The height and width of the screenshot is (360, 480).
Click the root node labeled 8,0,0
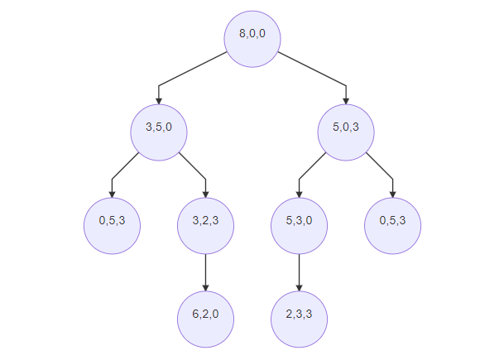click(x=252, y=39)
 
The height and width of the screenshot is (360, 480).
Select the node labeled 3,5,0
click(x=159, y=132)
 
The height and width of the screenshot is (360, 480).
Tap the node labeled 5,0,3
click(x=346, y=132)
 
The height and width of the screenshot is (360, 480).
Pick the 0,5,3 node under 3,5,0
click(x=112, y=226)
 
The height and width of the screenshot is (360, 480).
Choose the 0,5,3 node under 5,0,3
click(x=393, y=226)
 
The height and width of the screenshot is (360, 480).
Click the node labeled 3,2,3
click(x=206, y=226)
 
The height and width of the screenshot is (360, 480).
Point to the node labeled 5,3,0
click(x=299, y=226)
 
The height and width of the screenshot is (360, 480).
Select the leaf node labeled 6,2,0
click(x=206, y=319)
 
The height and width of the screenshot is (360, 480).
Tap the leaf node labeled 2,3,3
click(x=299, y=319)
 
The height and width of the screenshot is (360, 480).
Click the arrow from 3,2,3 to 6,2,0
click(x=206, y=273)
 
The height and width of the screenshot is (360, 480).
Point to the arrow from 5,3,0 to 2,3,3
click(x=299, y=273)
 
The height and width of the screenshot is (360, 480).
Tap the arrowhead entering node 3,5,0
click(x=159, y=101)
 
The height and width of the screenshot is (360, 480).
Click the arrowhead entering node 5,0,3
click(x=346, y=101)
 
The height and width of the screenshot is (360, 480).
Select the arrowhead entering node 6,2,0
click(x=206, y=288)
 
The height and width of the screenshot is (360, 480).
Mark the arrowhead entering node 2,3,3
click(x=299, y=288)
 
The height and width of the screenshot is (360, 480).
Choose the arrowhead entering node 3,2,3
click(x=206, y=195)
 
